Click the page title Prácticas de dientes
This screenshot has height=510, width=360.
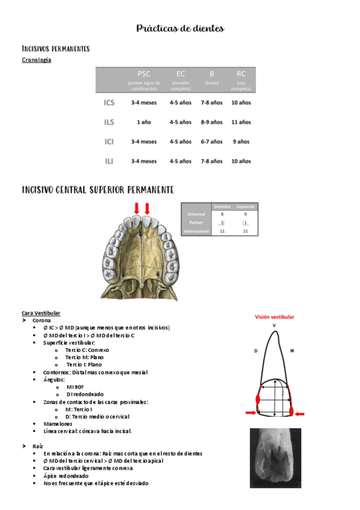180,28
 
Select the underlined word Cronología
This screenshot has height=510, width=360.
36,60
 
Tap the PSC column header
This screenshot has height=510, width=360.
144,74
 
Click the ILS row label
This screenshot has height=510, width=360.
109,122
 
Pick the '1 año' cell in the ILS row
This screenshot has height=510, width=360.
144,122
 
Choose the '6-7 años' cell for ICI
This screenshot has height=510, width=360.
211,142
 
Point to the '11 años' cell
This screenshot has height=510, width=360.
241,122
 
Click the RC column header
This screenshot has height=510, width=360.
241,74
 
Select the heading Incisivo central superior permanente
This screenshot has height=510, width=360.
98,190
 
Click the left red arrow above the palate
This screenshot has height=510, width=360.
136,209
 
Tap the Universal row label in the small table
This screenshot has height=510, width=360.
197,214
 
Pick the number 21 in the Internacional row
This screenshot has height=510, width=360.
245,231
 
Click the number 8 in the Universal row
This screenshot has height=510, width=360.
222,214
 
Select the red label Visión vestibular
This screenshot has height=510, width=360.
275,316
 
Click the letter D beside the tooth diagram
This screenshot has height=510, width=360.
255,350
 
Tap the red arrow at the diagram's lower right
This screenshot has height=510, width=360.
299,414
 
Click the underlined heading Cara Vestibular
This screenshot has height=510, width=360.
41,313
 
